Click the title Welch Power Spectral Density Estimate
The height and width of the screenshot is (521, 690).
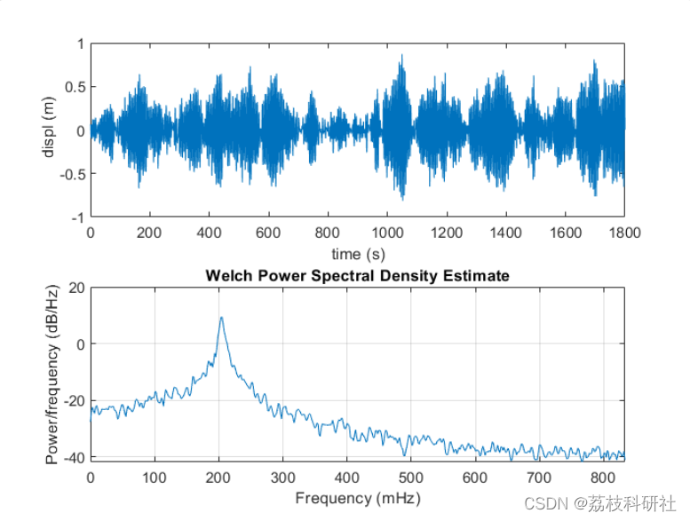(x=357, y=276)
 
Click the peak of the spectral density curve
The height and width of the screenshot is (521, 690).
(x=221, y=318)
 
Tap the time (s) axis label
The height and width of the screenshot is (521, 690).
(x=357, y=254)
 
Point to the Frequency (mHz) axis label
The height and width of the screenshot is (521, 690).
(x=357, y=497)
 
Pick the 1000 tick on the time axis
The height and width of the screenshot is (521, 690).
(x=386, y=233)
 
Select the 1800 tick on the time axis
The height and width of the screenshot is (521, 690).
(x=623, y=233)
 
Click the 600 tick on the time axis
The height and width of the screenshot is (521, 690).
(x=268, y=233)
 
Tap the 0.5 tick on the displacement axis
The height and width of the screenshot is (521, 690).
(x=75, y=87)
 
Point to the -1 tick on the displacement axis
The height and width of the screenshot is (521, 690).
(x=78, y=217)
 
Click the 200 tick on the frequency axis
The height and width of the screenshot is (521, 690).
(x=218, y=477)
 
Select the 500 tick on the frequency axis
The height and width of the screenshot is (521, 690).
(x=411, y=477)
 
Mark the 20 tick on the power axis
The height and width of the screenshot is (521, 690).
(x=75, y=288)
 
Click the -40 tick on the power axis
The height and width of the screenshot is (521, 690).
(x=73, y=457)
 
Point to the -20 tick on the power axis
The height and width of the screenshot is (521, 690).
(x=73, y=400)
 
